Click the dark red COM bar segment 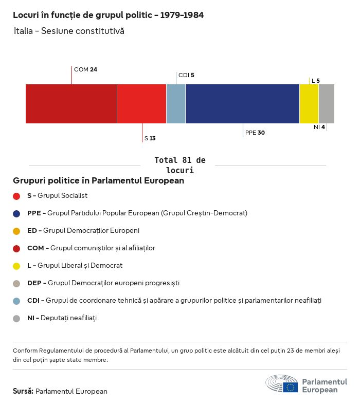click(x=71, y=104)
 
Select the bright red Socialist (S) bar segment click(x=141, y=104)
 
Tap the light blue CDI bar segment click(x=176, y=104)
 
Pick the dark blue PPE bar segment click(x=242, y=104)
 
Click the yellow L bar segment click(x=309, y=104)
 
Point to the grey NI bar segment click(x=327, y=104)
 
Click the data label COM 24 click(x=85, y=69)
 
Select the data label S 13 click(x=150, y=138)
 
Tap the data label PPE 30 click(x=255, y=133)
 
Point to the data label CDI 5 click(x=186, y=75)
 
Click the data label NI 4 click(x=319, y=127)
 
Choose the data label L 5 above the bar click(x=315, y=81)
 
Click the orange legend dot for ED click(x=16, y=231)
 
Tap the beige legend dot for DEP click(x=16, y=283)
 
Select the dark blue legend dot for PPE click(x=16, y=213)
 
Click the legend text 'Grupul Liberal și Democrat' click(x=80, y=266)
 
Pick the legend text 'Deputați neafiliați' click(x=68, y=318)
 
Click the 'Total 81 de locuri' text click(x=179, y=165)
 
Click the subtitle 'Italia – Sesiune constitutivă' click(x=69, y=31)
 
